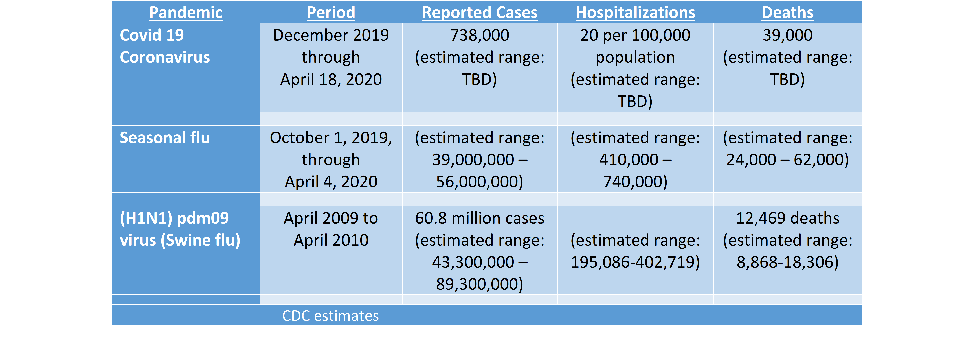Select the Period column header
tap(331, 12)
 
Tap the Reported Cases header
tap(480, 12)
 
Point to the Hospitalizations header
tap(635, 12)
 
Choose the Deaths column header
tap(787, 12)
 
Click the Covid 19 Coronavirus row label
tap(165, 46)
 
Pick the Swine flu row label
tap(180, 229)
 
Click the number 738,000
tap(480, 35)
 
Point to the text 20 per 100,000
tap(635, 35)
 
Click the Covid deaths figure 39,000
tap(787, 35)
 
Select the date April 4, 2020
tap(331, 182)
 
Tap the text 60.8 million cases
tap(480, 218)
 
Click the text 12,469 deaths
tap(787, 218)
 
